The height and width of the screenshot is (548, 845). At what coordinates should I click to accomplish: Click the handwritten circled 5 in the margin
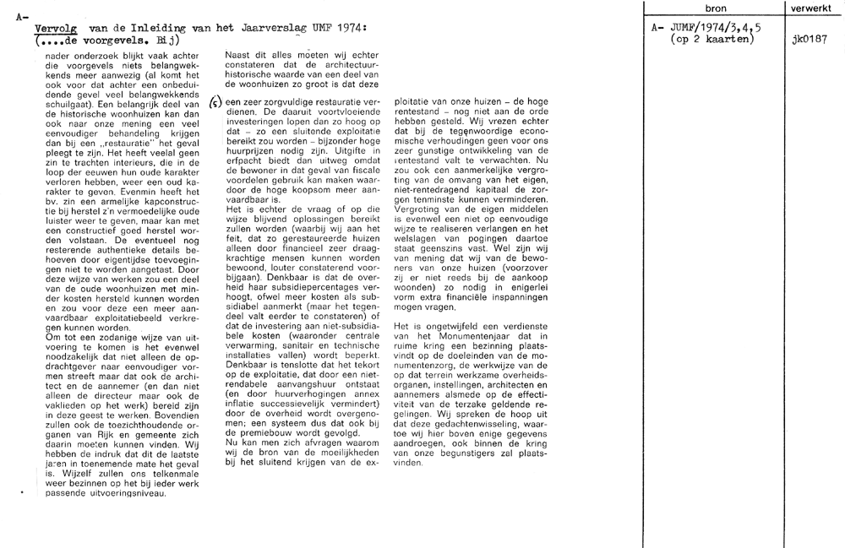tap(216, 100)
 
